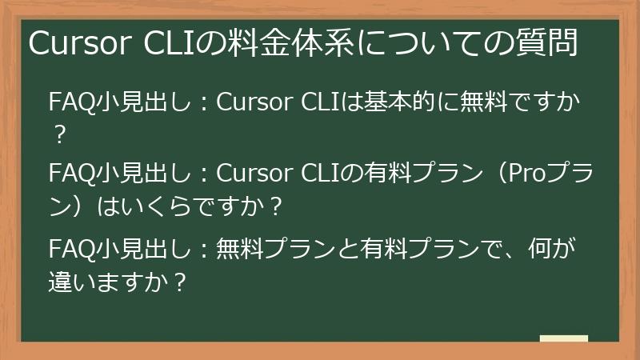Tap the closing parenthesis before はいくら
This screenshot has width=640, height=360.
pyautogui.click(x=78, y=206)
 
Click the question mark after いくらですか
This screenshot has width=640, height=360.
pyautogui.click(x=276, y=206)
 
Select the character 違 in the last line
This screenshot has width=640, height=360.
pyautogui.click(x=62, y=281)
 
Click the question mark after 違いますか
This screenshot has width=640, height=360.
pyautogui.click(x=182, y=281)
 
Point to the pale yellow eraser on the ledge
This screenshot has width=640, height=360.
pyautogui.click(x=564, y=338)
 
